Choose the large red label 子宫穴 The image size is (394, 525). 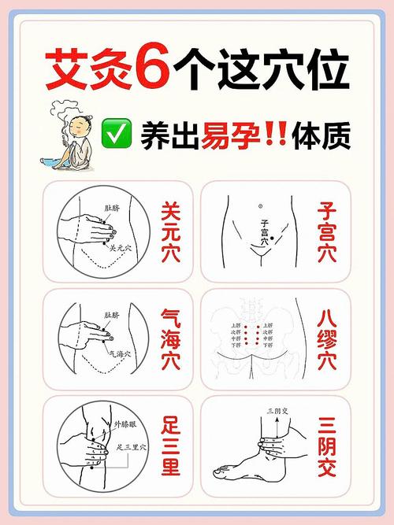click(327, 233)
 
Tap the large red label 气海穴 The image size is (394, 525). click(171, 339)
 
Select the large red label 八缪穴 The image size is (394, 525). click(327, 339)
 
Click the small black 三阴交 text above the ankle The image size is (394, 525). click(278, 411)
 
